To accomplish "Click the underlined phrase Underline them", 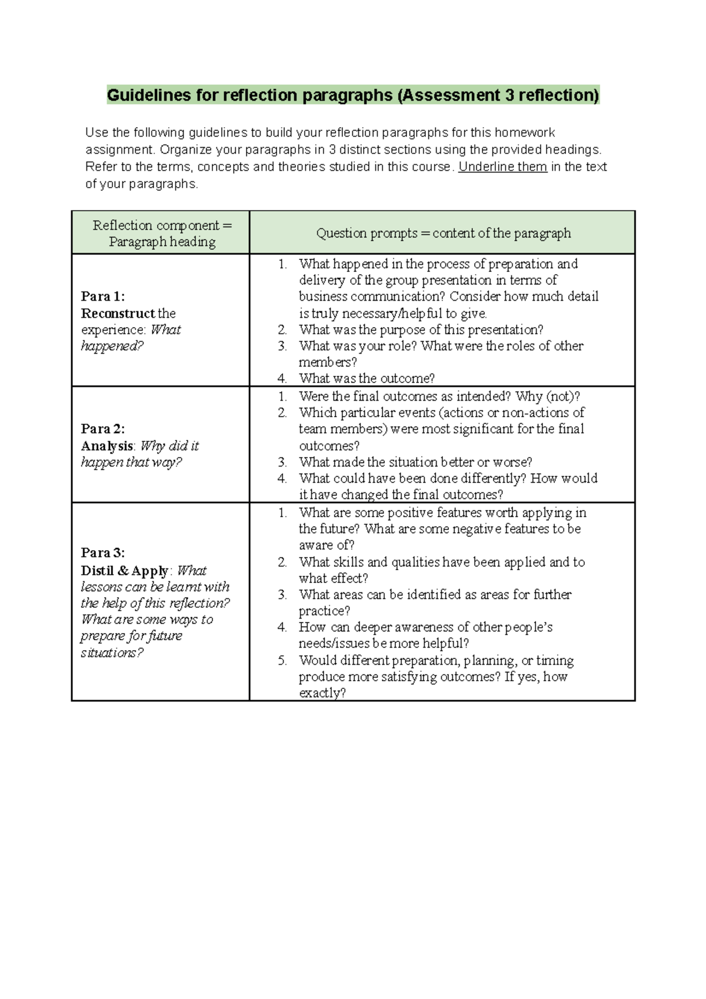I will tap(502, 167).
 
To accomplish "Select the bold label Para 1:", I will tap(103, 296).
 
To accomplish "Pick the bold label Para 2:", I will tap(103, 428).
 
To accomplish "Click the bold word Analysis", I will tap(107, 446).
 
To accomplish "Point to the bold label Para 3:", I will tap(103, 552).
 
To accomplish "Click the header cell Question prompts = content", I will tap(443, 233).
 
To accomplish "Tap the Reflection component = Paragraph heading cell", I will tap(162, 234).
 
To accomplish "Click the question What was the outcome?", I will tap(367, 378).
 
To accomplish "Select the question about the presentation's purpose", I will tap(421, 329).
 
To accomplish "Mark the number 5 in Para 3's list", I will tap(282, 660).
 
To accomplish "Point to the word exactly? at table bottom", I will tap(322, 693).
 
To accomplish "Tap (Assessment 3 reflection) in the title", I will tap(498, 95).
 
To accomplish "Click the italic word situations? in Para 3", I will tap(112, 652).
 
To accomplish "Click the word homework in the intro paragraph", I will tap(525, 133).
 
